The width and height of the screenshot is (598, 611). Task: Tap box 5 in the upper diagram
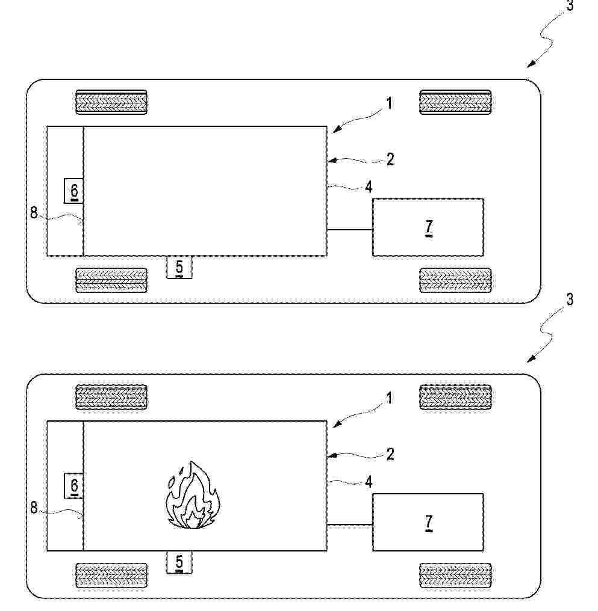click(x=179, y=267)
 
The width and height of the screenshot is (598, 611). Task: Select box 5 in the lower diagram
click(x=179, y=562)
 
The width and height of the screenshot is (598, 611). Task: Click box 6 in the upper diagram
click(x=73, y=191)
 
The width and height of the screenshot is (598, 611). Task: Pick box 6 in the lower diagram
click(x=73, y=485)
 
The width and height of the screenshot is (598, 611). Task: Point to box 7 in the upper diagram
click(x=428, y=227)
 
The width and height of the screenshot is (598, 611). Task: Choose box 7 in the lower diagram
click(x=428, y=522)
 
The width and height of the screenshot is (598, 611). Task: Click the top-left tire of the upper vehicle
click(x=111, y=102)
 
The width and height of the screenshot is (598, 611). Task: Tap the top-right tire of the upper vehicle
click(x=456, y=102)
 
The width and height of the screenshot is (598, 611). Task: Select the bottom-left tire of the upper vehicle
click(x=111, y=280)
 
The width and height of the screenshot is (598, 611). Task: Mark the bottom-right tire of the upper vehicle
click(x=456, y=280)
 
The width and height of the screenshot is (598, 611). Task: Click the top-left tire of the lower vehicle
click(x=111, y=397)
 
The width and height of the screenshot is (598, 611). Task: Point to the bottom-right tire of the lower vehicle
click(x=456, y=575)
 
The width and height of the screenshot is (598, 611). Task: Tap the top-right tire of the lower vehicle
click(x=456, y=397)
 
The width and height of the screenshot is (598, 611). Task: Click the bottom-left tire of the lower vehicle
click(x=111, y=575)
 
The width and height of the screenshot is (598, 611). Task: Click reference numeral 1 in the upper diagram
click(x=389, y=104)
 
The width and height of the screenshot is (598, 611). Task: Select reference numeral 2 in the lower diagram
click(x=390, y=455)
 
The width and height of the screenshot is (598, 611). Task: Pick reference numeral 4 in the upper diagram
click(x=369, y=188)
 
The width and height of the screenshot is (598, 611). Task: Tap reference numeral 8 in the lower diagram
click(x=34, y=508)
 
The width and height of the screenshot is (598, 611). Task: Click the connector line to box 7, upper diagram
click(x=350, y=230)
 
